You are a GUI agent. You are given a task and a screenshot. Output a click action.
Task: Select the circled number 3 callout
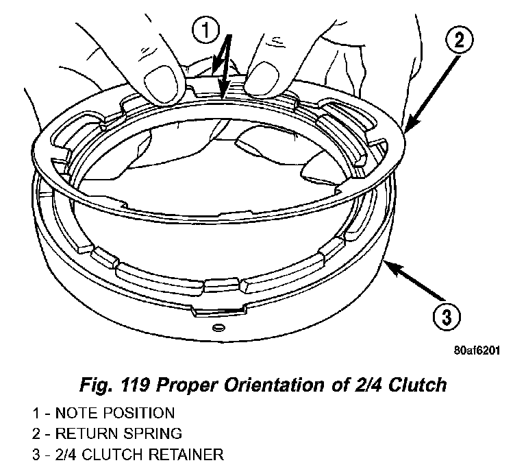coord(445,318)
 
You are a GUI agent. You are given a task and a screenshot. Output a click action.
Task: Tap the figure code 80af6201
coord(477,350)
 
